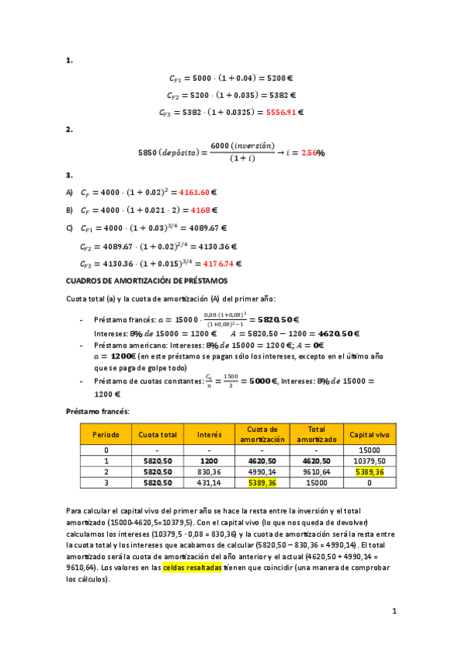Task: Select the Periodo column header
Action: coord(106,434)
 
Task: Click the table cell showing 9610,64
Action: coord(316,471)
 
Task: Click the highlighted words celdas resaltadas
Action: coord(192,567)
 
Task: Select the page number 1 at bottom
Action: coord(393,612)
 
